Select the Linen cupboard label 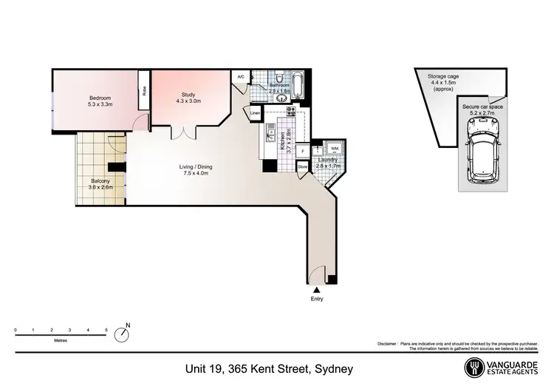pyautogui.click(x=255, y=113)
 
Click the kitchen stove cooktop pyautogui.click(x=291, y=112)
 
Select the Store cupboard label pyautogui.click(x=301, y=167)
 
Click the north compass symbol pyautogui.click(x=123, y=334)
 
